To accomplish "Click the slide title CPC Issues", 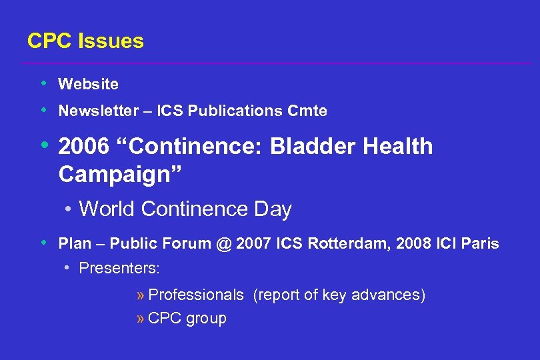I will (85, 41).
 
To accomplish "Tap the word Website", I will (89, 84).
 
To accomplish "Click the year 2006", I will (83, 147).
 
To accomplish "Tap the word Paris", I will (479, 244).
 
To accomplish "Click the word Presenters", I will (119, 269).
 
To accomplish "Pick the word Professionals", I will (196, 295).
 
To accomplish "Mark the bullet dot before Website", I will (44, 84).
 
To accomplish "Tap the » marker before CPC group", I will (140, 319).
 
